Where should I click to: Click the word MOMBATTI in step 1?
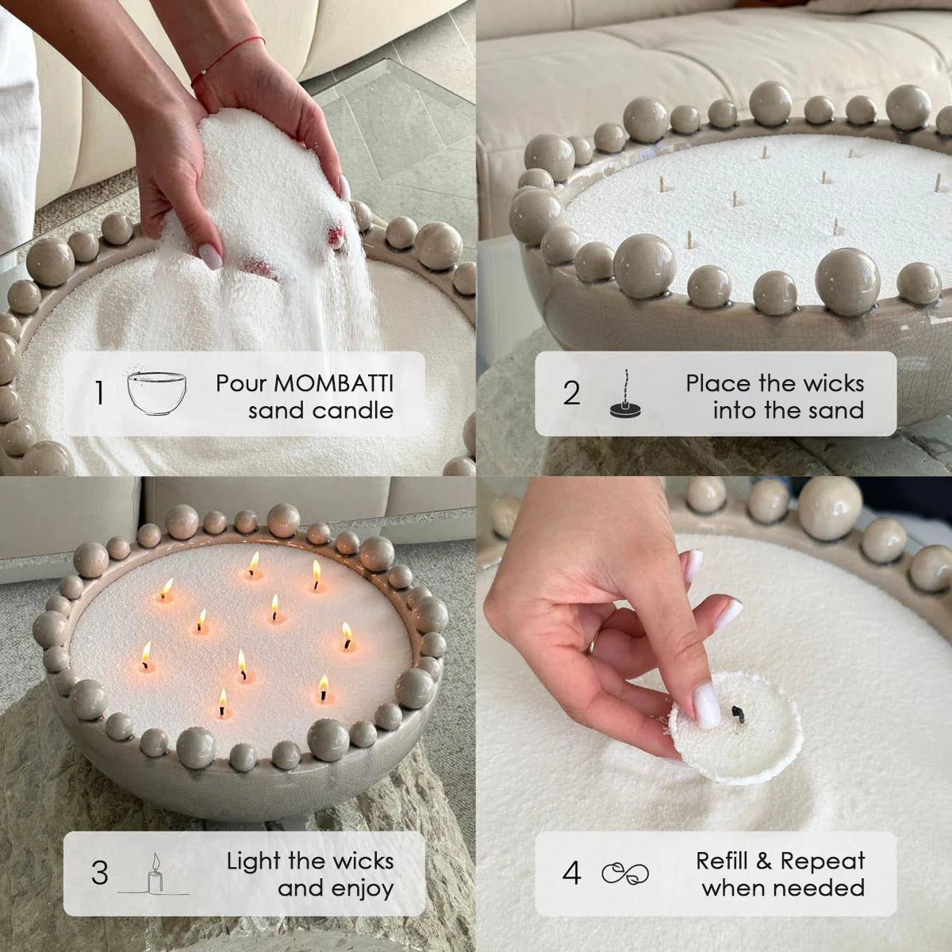click(x=334, y=383)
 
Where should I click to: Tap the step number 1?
click(x=99, y=393)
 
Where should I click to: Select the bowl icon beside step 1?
click(x=157, y=392)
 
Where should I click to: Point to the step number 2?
click(x=572, y=393)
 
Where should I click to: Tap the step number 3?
click(x=99, y=873)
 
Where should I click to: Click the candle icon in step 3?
click(x=155, y=874)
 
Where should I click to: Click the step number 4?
click(x=572, y=873)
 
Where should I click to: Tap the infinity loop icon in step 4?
click(x=626, y=873)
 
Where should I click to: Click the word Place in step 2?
click(x=718, y=383)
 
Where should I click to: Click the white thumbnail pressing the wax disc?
click(x=706, y=704)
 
